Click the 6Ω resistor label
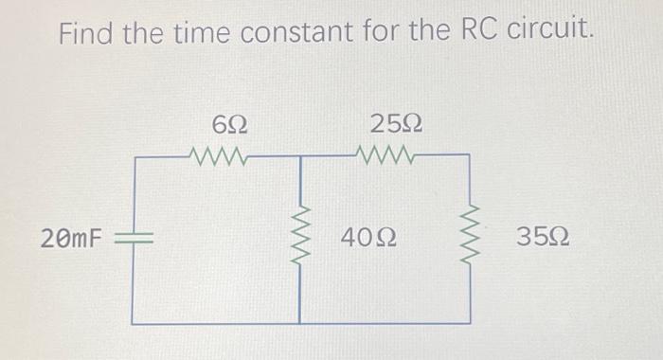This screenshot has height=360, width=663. pos(230,123)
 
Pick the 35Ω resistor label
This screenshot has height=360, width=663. pos(543,237)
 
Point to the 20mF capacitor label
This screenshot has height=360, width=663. pos(71,238)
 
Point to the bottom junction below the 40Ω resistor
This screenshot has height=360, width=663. pos(302,323)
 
